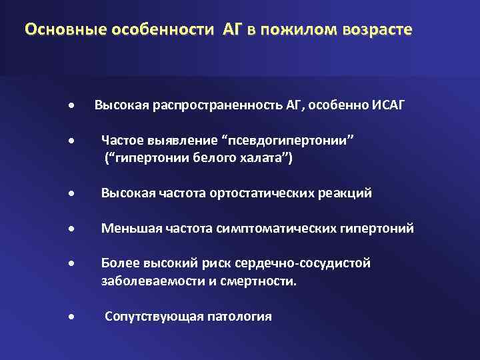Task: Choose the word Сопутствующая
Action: click(x=147, y=316)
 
